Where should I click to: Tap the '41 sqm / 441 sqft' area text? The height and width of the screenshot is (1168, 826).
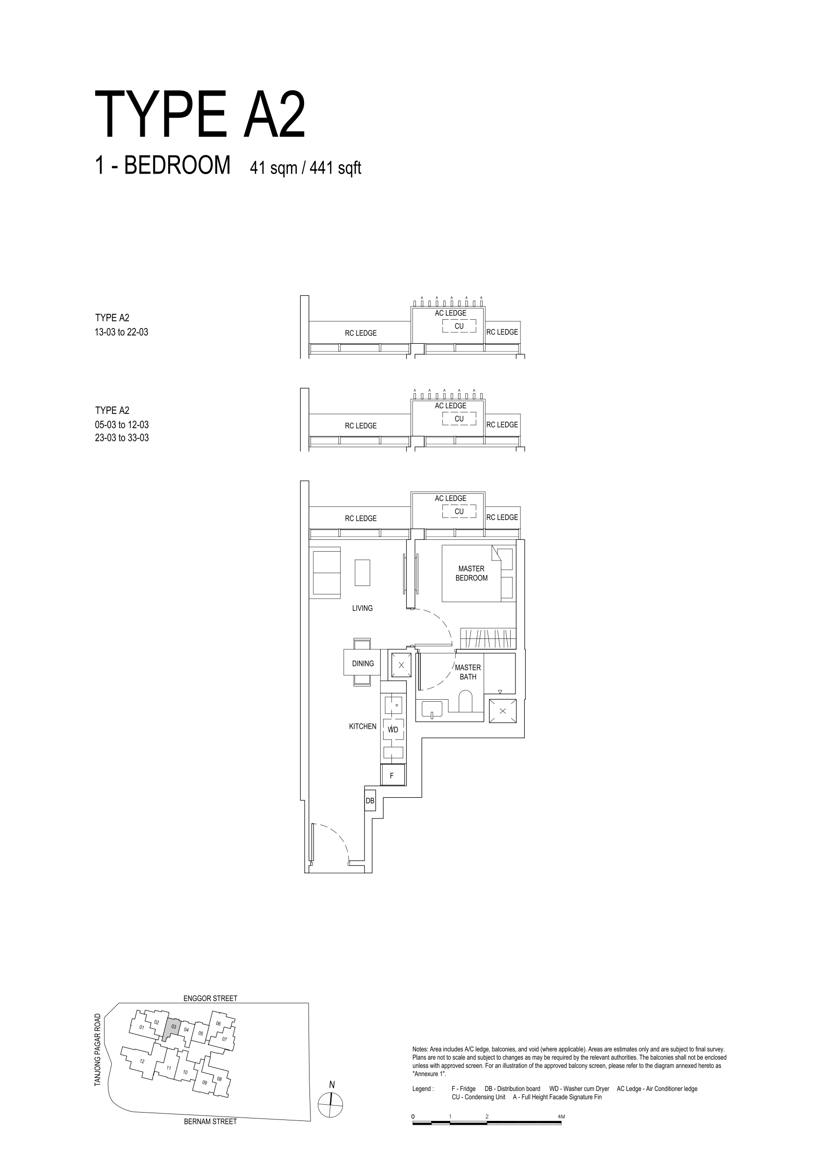pos(306,167)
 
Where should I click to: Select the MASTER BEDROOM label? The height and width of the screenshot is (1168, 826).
pos(471,573)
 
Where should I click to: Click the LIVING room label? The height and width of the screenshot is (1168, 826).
pos(362,608)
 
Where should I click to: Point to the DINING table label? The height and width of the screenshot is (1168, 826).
pos(363,663)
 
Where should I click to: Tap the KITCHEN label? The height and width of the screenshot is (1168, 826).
pos(363,726)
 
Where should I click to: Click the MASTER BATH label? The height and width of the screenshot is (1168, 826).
pos(468,672)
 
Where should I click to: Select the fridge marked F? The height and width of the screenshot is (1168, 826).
pos(393,775)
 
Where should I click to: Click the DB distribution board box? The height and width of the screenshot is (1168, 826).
pos(370,801)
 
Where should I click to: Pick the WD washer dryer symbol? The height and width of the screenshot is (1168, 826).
pos(393,730)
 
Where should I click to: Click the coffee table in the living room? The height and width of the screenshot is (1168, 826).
pos(362,572)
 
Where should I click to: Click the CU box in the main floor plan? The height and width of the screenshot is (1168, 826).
pos(459,511)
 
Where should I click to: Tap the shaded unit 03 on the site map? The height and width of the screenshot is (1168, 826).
pos(172,1027)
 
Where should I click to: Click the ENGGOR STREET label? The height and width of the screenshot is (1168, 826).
pos(210,999)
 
